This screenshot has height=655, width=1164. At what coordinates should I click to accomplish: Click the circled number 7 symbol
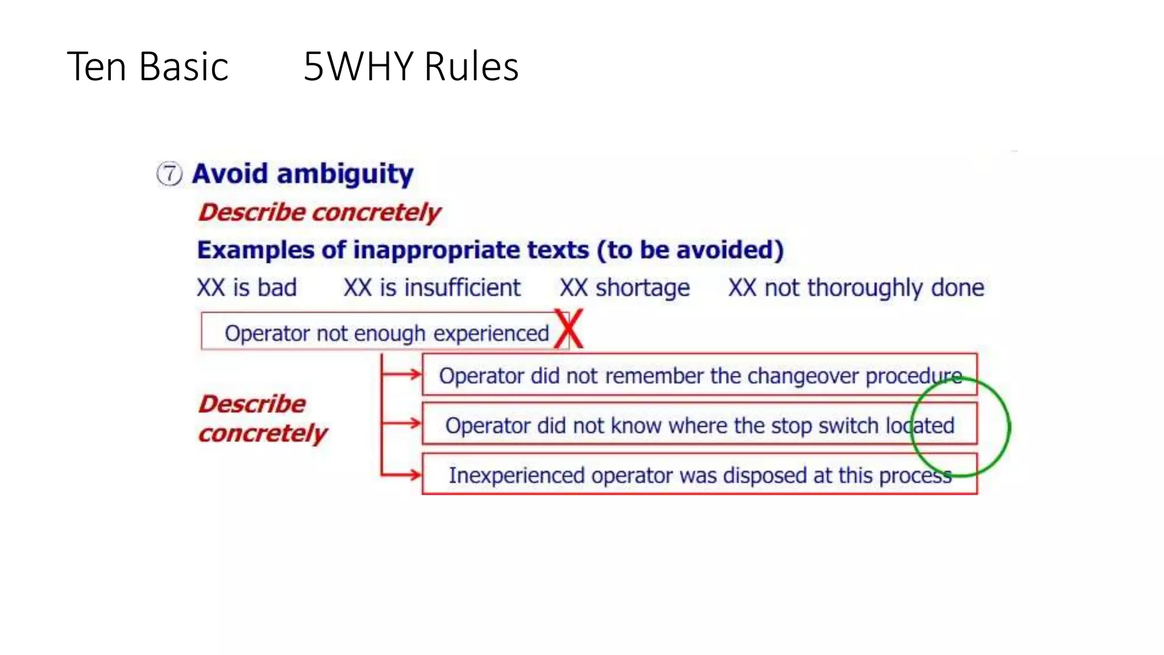click(x=169, y=174)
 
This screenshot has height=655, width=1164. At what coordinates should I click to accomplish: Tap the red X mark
click(x=569, y=329)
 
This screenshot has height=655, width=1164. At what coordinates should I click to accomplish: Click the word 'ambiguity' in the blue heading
click(x=345, y=174)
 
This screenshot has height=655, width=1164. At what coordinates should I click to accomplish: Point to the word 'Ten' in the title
click(x=97, y=67)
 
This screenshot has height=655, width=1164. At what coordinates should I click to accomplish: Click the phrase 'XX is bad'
click(x=247, y=288)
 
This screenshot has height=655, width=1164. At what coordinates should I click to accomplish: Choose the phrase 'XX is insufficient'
click(x=432, y=288)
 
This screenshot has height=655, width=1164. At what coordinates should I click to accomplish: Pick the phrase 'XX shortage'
click(x=625, y=288)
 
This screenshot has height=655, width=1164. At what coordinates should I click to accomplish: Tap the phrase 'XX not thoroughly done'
click(x=856, y=288)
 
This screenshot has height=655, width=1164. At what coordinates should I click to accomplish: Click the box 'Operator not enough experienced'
click(x=385, y=333)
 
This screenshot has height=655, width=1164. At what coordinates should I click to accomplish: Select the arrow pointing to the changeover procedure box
click(x=402, y=374)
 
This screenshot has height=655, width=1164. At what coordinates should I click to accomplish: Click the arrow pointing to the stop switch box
click(x=402, y=423)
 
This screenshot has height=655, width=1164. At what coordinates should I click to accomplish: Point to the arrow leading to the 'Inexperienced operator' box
click(x=402, y=474)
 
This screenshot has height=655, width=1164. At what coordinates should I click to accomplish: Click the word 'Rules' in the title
click(x=471, y=67)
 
